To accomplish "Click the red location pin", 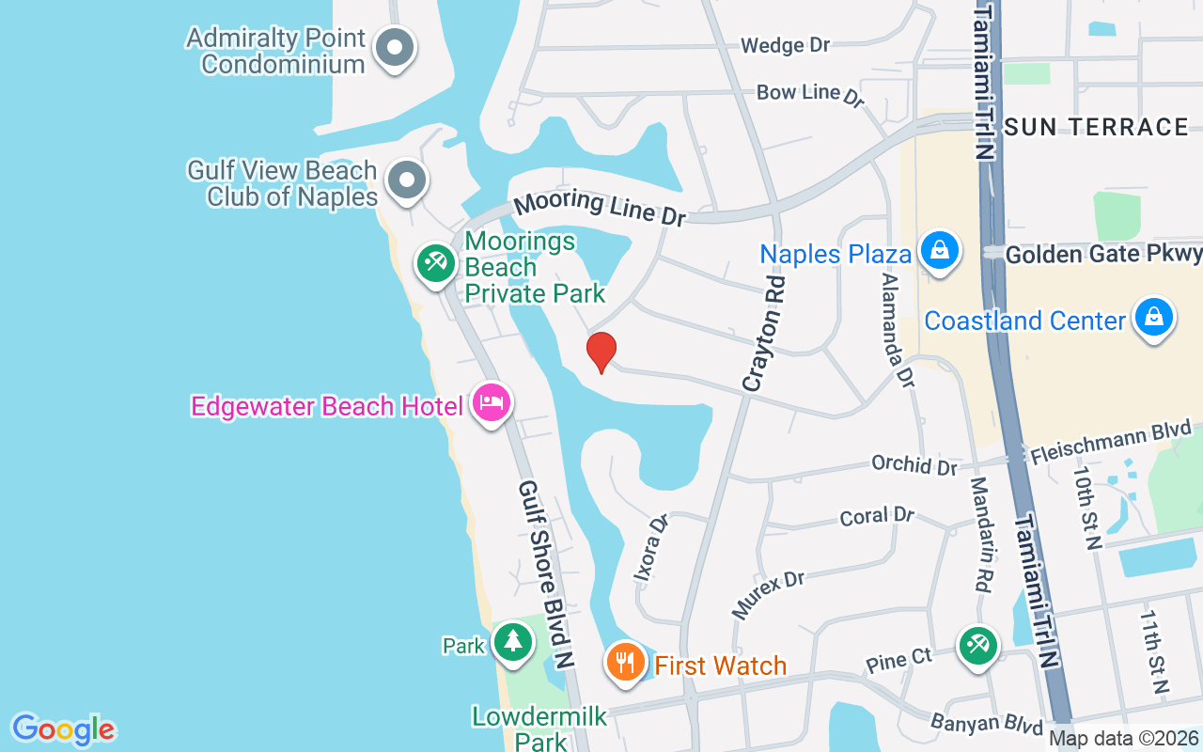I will (601, 352).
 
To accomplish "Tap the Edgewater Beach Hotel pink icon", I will (492, 403).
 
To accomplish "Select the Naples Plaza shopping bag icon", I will (939, 251).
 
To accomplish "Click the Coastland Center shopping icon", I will (1153, 318).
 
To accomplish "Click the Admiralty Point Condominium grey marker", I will (395, 48).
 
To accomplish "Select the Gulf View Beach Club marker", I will (407, 180).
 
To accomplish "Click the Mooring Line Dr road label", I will (601, 206).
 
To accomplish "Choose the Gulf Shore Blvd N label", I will (546, 573).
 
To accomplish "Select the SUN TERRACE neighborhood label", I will (1096, 127).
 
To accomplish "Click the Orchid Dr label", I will (914, 464).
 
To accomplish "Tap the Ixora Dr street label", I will (649, 547).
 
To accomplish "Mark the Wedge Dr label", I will (786, 45).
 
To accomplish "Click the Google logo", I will (64, 729).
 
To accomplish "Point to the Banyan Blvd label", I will (987, 724).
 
